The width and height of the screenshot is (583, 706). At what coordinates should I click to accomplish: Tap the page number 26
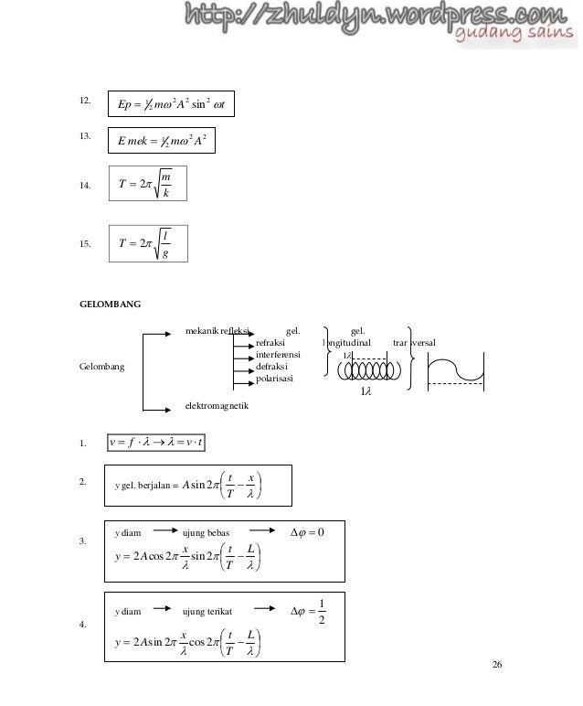(x=497, y=664)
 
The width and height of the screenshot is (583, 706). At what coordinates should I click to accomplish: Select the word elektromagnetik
(x=219, y=403)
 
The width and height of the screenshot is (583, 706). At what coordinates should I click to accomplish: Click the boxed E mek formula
(x=164, y=142)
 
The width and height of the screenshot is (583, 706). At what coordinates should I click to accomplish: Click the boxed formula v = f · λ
(x=156, y=444)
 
